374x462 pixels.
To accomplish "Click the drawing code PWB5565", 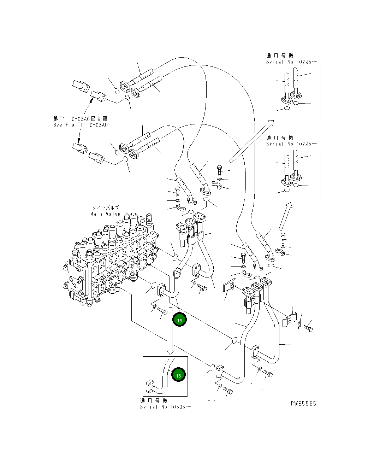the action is [303, 404].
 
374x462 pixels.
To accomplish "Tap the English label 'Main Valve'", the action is [105, 214].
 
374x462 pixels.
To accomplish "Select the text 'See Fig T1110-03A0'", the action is [81, 125].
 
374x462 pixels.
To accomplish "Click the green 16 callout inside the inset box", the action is [178, 376].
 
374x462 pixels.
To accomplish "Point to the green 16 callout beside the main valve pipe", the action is [179, 321].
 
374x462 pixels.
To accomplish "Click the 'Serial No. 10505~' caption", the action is [166, 407].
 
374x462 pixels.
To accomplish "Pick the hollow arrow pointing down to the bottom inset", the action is [170, 331].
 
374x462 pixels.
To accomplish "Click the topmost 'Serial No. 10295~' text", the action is [292, 62].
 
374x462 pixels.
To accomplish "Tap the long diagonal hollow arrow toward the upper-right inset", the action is [251, 141].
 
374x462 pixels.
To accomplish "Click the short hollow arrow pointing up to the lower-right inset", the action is [286, 216].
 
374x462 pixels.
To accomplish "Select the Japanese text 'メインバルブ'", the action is [106, 208].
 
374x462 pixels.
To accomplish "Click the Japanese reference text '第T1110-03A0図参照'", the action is [81, 119].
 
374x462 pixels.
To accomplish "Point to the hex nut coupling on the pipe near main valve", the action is [177, 273].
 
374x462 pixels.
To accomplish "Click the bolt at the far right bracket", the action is [308, 329].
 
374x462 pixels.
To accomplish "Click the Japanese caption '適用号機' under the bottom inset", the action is [154, 400].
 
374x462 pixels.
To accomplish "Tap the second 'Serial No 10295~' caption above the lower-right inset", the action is [291, 144].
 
